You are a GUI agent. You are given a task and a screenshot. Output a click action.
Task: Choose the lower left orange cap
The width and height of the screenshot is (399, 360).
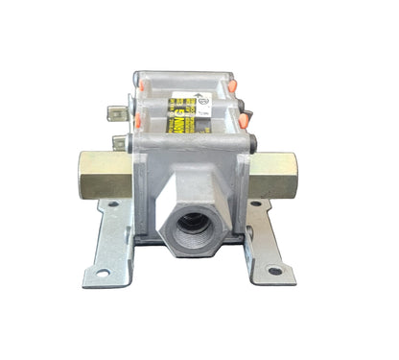pos(140,122)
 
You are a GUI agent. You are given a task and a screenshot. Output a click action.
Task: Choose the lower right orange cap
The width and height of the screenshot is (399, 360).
pos(250,123)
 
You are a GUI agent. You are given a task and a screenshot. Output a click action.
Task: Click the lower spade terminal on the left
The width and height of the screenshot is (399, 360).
pos(120,144)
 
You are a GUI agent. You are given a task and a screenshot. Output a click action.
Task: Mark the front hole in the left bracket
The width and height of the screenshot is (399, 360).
pos(102,272)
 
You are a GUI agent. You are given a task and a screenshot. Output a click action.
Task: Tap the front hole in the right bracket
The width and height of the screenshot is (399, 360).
pos(275,272)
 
